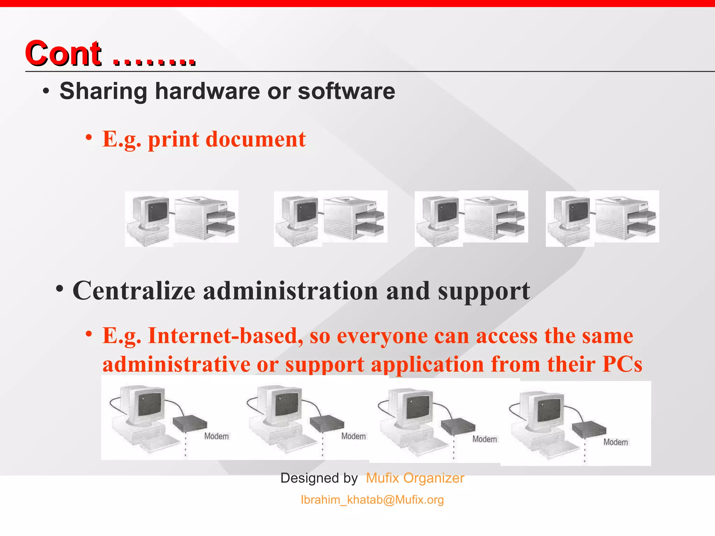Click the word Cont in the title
[x=63, y=53]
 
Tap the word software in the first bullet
[x=346, y=91]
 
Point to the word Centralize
[x=134, y=291]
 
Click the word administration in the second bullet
[x=290, y=291]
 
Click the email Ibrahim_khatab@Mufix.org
[x=372, y=500]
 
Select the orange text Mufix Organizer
[x=415, y=478]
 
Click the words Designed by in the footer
[x=319, y=478]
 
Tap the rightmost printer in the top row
[x=625, y=218]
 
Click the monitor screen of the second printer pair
[x=307, y=211]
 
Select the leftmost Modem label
[x=216, y=436]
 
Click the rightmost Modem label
[x=616, y=442]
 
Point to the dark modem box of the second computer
[x=326, y=423]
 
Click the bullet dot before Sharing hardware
[x=46, y=92]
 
